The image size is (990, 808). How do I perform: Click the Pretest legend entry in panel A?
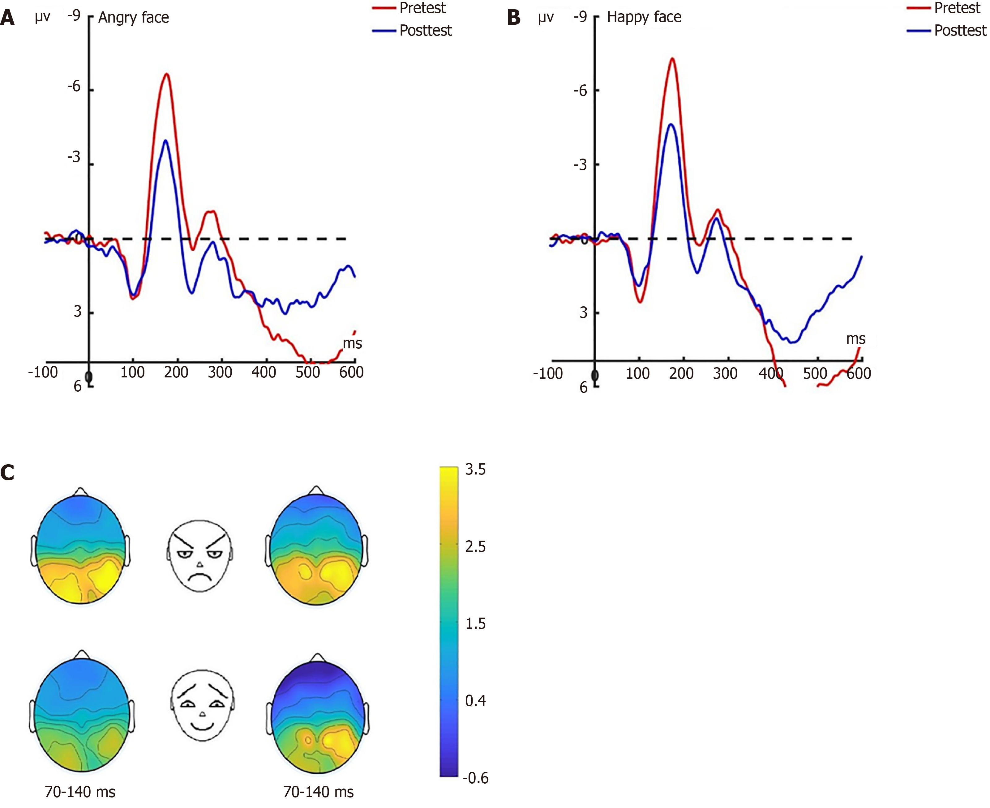[422, 8]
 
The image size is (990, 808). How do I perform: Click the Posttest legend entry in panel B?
[959, 31]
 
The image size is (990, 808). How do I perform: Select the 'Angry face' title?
[134, 18]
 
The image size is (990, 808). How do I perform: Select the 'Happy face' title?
[644, 17]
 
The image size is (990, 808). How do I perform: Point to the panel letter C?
[7, 473]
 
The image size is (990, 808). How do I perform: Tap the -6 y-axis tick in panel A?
[74, 87]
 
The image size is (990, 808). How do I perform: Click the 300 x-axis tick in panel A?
[220, 372]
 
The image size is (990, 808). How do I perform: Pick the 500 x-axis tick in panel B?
[815, 373]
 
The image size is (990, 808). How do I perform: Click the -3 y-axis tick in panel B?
[580, 165]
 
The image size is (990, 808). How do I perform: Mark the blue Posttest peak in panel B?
[671, 124]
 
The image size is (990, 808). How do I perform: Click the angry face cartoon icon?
[200, 556]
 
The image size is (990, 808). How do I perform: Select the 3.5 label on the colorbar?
[475, 470]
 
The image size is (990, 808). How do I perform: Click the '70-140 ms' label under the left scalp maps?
[80, 792]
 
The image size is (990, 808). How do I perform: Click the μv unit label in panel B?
[546, 18]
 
